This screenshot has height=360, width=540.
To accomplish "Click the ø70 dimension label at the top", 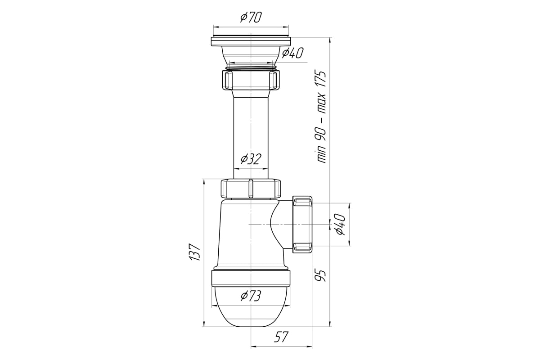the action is (x=251, y=18).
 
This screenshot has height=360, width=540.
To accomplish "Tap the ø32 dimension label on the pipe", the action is (x=251, y=159).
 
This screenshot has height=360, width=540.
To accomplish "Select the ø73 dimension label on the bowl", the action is (x=251, y=296).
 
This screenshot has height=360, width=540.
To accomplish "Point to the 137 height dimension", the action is (x=194, y=252).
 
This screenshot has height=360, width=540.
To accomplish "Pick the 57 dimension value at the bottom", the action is (x=281, y=337).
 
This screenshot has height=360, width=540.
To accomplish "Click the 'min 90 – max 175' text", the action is (x=321, y=117).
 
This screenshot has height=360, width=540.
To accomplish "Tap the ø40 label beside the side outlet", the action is (x=340, y=224).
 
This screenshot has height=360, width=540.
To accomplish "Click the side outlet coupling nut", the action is (x=302, y=224).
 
